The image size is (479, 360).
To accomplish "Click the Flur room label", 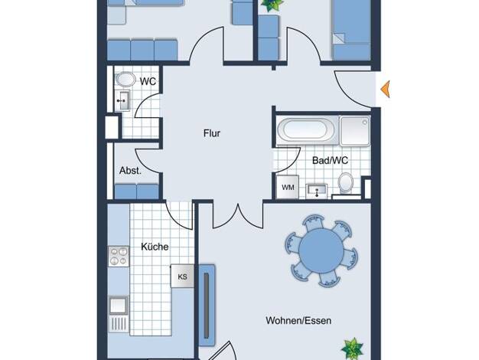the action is (212, 133).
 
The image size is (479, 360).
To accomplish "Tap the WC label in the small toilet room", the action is (148, 81).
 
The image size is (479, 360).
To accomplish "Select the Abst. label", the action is (130, 170).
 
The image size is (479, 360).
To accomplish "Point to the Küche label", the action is (155, 247).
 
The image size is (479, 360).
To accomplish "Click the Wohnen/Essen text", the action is (298, 320).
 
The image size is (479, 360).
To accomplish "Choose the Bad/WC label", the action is (330, 161).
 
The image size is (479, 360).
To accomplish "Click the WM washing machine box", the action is (288, 187).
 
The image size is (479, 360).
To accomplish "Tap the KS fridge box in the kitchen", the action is (182, 277).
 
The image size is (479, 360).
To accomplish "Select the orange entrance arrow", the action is (385, 90).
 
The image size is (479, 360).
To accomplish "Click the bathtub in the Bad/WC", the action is (306, 129).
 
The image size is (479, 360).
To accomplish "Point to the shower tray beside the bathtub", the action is (355, 131).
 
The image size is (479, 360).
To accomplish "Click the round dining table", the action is (321, 250).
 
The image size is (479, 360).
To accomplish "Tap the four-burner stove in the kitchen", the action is (119, 257).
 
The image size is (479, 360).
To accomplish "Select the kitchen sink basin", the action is (119, 305).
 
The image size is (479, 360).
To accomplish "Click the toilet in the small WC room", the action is (125, 79).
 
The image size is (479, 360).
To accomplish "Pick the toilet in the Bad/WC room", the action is (346, 183).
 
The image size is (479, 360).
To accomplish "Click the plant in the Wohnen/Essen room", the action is (352, 349).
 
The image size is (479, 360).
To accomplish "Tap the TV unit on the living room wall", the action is (207, 305).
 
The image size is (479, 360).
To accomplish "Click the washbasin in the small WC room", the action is (123, 100).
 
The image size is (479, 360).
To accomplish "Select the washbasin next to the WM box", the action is (317, 191).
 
